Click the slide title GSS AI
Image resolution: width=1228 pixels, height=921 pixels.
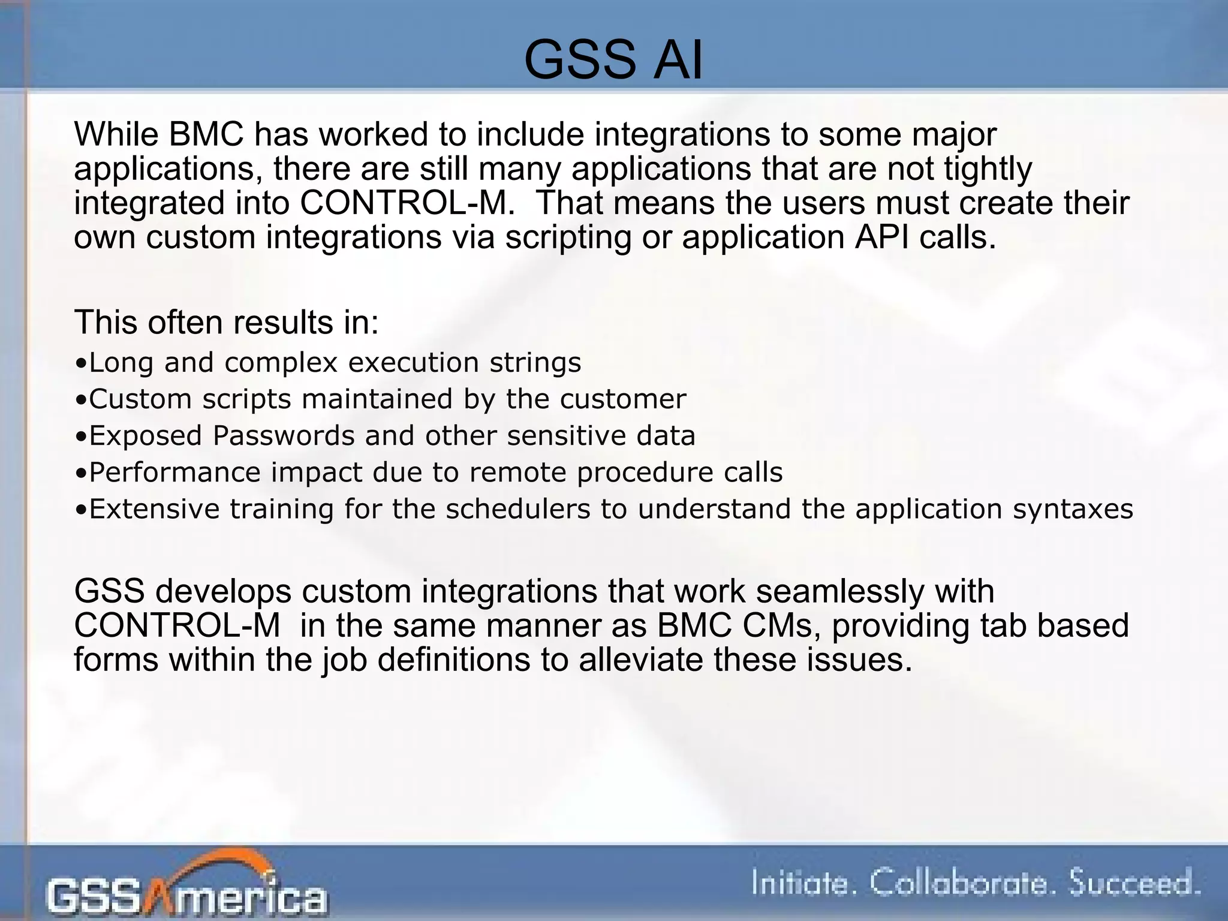coord(613,59)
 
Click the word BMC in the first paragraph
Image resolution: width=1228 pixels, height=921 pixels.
coord(206,134)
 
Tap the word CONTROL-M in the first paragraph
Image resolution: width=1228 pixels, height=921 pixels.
coord(407,203)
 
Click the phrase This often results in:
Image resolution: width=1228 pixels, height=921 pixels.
coord(227,323)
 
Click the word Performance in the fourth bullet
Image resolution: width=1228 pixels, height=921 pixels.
coord(174,472)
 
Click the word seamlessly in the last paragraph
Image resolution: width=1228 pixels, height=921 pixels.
coord(839,591)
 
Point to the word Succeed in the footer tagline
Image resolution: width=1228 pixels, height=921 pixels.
coord(1134,884)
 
